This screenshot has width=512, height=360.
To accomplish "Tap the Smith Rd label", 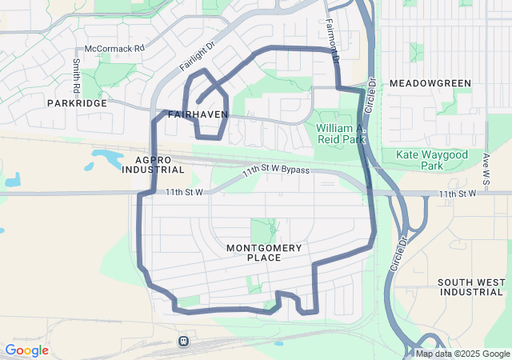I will point(77,73).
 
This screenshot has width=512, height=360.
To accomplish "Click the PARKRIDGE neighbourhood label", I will point(77,103).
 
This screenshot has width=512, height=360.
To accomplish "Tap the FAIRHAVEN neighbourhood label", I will point(198,115).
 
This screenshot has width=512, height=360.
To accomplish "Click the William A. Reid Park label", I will point(340,134).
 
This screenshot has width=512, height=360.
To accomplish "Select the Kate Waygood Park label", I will point(431,159).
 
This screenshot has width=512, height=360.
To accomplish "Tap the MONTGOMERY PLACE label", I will point(264,253).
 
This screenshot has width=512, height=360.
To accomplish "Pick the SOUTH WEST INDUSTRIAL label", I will point(472,287).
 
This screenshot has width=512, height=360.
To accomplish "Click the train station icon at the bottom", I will point(184,342).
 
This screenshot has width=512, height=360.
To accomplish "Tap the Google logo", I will point(26,350).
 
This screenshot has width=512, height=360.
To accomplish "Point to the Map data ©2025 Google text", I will point(462,354).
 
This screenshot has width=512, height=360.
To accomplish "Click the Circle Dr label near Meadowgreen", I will point(371,98).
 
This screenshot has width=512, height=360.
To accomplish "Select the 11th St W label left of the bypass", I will point(186,193).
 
